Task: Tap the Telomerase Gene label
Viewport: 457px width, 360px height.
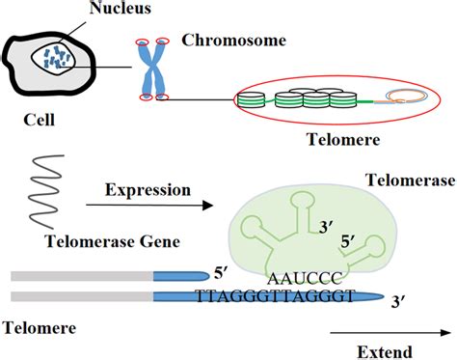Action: (x=94, y=238)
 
